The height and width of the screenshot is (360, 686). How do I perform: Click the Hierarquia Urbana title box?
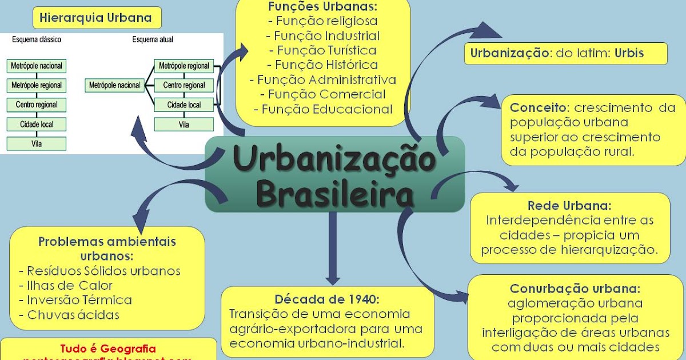[x=95, y=18]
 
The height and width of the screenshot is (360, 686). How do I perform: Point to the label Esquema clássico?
[x=37, y=40]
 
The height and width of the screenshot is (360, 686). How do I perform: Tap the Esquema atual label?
[x=153, y=40]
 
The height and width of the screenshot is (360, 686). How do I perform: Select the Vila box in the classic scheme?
[x=37, y=143]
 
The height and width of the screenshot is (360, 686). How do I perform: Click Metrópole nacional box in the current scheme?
[x=115, y=86]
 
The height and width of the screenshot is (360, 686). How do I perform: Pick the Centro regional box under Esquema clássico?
[x=37, y=105]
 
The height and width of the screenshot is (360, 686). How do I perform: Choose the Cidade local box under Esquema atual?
[x=184, y=105]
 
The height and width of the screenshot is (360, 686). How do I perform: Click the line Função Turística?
[x=323, y=50]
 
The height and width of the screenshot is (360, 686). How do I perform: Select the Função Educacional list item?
[x=323, y=109]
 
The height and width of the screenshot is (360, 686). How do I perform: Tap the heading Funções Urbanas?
[x=322, y=7]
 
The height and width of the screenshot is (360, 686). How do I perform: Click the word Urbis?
[x=629, y=54]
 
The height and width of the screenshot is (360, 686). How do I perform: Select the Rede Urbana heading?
[x=569, y=205]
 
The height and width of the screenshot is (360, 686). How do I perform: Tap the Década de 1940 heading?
[x=327, y=299]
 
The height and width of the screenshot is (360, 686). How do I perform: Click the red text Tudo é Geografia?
[x=108, y=348]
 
